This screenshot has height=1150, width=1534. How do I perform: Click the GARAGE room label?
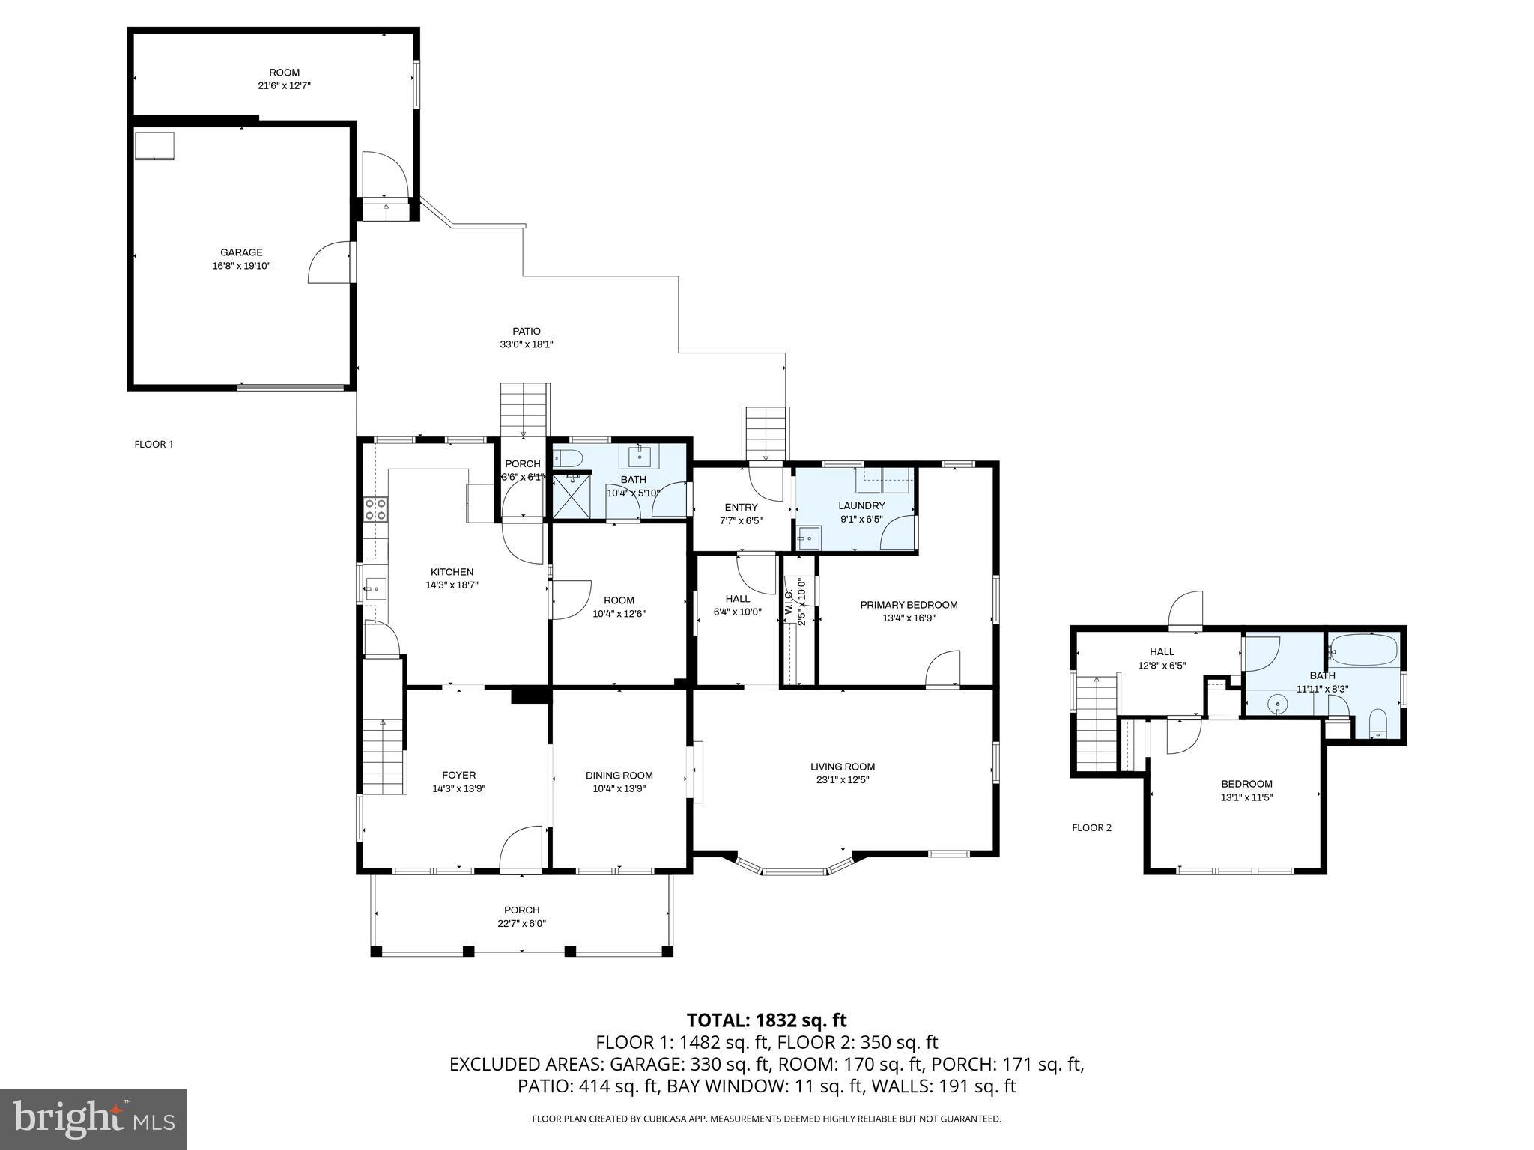241,253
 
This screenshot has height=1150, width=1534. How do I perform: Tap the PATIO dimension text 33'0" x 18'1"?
526,344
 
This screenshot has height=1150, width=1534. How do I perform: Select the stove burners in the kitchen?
375,510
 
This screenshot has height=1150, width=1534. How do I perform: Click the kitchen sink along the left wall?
375,589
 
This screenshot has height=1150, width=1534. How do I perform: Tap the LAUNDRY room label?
861,506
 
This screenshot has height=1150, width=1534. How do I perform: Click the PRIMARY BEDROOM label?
909,605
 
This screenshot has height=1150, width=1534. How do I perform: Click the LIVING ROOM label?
842,767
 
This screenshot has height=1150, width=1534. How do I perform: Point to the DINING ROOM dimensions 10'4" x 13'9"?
619,788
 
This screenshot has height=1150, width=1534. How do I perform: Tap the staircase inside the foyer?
383,756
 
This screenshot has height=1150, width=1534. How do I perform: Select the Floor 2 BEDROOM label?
1246,784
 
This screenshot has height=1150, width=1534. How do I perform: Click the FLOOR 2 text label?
1091,827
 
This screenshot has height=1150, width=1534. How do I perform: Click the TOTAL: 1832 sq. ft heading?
766,1020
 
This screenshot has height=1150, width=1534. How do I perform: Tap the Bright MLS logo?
94,1119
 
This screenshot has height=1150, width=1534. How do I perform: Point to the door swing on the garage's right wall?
329,262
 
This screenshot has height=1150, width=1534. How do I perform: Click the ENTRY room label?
740,508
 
